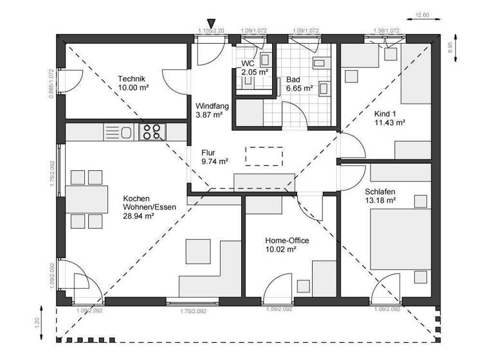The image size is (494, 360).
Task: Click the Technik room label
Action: [132, 79]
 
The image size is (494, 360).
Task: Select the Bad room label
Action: [293, 79]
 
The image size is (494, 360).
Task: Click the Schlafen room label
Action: [380, 192]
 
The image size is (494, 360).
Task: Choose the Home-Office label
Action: [287, 240]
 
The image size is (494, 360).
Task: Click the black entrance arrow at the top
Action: [211, 24]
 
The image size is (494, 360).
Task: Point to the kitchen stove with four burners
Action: [152, 132]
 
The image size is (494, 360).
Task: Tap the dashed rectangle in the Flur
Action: [264, 155]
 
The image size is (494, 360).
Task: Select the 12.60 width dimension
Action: [422, 14]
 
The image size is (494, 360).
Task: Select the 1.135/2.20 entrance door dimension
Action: [211, 30]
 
